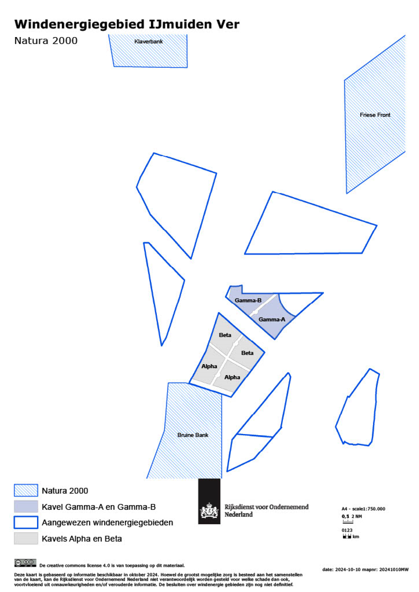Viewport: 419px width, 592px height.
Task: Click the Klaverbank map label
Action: point(148,42)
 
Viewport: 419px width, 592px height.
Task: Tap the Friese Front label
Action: point(375,115)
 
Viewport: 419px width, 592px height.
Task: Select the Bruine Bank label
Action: point(193,435)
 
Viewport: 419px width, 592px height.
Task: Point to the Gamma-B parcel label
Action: point(248,300)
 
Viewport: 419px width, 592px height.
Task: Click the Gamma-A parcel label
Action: point(272,319)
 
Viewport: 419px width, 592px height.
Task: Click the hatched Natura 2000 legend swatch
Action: point(26,490)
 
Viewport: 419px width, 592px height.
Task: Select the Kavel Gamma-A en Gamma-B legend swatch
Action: point(26,506)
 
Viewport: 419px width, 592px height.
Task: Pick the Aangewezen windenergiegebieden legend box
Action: point(26,522)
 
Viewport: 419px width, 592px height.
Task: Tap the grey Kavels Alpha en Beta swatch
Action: point(26,538)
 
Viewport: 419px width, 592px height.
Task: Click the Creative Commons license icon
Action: point(25,563)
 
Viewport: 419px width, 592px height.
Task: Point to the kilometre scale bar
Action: point(347,536)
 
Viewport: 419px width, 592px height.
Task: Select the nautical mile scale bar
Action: point(348,522)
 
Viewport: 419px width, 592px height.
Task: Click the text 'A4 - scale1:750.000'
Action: point(363,509)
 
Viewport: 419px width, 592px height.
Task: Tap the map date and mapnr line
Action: point(365,570)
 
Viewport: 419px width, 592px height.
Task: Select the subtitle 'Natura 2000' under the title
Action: point(46,41)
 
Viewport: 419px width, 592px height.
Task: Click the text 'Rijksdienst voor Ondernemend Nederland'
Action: point(266,510)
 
